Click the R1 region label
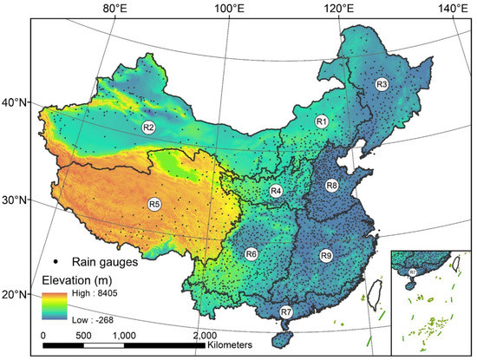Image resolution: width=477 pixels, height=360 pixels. [x=321, y=121]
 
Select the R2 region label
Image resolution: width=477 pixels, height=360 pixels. [x=148, y=128]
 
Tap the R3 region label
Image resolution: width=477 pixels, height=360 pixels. [x=381, y=84]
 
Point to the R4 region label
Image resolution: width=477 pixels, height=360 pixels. [x=276, y=191]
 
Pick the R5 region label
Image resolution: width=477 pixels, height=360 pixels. [x=154, y=204]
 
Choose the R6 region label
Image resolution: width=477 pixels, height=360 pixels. [x=251, y=254]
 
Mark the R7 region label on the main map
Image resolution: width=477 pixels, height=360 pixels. [x=286, y=311]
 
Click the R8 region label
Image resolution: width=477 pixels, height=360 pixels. [x=331, y=186]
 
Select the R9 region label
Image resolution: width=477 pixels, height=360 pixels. [x=325, y=255]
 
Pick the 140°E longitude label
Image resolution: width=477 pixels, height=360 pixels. [x=452, y=9]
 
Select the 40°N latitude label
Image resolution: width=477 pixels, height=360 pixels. [x=15, y=102]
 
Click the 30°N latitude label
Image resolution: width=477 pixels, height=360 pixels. [x=15, y=200]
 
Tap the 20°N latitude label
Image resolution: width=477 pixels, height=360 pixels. [x=15, y=294]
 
